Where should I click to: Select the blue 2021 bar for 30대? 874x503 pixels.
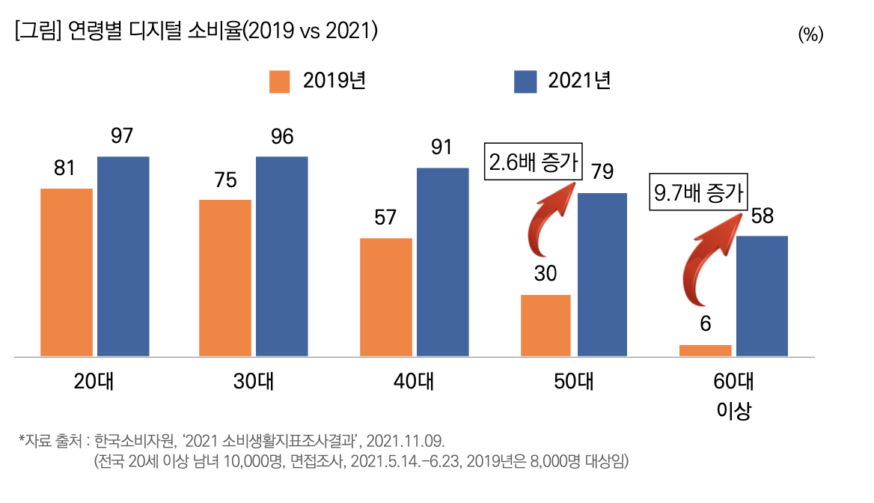click(281, 256)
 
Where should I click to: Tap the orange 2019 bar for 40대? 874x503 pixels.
click(386, 296)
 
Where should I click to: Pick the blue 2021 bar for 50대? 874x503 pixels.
click(602, 274)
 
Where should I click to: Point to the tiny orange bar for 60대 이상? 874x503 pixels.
click(706, 350)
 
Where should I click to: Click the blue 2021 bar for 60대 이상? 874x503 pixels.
click(762, 296)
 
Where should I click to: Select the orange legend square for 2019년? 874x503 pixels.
click(280, 81)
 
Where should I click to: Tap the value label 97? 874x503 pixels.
click(122, 137)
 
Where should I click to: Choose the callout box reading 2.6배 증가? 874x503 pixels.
click(534, 162)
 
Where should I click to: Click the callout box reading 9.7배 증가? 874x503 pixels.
click(700, 193)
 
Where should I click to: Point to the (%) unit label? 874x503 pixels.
click(810, 34)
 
